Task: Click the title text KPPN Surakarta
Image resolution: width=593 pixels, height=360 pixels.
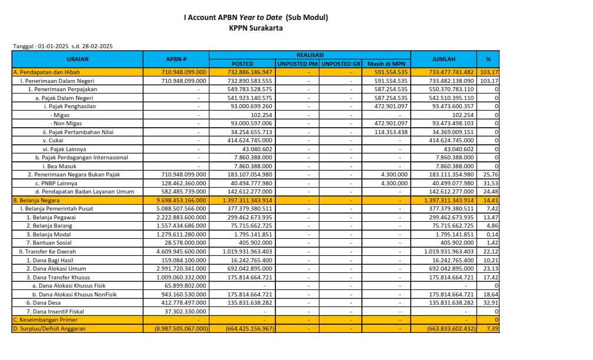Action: pos(256,28)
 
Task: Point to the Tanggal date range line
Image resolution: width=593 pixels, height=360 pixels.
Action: pos(63,46)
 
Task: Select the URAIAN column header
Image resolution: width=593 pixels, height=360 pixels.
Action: pos(78,59)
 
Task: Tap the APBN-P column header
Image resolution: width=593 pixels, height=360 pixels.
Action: pos(176,59)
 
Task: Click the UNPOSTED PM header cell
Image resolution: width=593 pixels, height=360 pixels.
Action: pos(298,64)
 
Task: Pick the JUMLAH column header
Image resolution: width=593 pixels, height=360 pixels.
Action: pos(444,59)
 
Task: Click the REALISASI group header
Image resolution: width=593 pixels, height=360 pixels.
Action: pos(309,54)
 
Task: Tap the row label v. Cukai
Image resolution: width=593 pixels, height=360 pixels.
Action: pos(53,140)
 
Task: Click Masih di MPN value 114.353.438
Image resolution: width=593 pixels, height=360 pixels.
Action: pos(387,132)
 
